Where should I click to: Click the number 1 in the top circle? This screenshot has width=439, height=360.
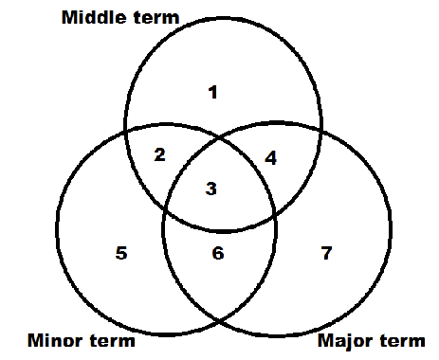[212, 92]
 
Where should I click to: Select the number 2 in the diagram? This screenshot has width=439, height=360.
[159, 154]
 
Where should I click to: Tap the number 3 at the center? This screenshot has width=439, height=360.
[211, 189]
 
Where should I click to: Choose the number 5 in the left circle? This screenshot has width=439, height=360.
[120, 253]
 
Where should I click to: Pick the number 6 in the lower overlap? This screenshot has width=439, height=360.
[218, 253]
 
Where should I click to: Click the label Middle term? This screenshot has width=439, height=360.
[133, 18]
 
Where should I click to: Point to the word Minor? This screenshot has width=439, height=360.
[53, 340]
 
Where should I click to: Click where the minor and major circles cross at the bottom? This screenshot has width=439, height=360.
[219, 322]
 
